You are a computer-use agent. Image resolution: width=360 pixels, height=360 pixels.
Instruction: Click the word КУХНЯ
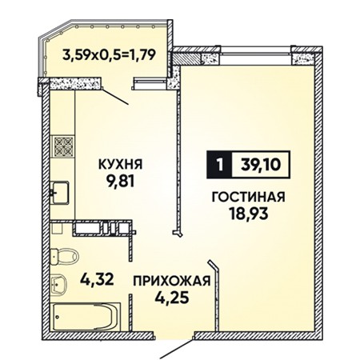tap(121, 164)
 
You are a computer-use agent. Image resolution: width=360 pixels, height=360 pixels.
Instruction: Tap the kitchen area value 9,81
tap(120, 182)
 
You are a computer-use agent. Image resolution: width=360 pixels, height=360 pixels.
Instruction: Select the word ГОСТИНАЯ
tap(248, 198)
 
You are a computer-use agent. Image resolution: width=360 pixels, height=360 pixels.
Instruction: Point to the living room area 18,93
tap(249, 214)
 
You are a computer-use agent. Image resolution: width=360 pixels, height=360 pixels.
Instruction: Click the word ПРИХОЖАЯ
tap(172, 281)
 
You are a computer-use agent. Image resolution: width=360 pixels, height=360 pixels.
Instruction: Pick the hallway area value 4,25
tap(172, 298)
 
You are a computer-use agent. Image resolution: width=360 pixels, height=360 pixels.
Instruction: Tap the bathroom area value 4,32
tap(97, 279)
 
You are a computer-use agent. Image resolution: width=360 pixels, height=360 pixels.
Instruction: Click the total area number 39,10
tap(261, 165)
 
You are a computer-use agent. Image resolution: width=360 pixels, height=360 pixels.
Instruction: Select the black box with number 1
tap(219, 165)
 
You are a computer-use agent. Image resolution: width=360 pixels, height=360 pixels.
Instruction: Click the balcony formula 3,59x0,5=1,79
tap(109, 55)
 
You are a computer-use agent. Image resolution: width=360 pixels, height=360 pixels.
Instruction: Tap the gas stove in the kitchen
tap(63, 146)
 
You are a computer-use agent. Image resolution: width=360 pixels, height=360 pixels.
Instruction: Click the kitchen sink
tap(60, 193)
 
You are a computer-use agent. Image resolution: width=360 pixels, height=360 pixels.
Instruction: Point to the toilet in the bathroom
tap(64, 257)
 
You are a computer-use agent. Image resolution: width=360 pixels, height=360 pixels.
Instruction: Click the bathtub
tap(86, 317)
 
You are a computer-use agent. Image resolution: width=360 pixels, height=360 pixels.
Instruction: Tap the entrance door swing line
tap(176, 349)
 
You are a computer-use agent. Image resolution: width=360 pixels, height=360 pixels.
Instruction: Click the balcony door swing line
tap(115, 96)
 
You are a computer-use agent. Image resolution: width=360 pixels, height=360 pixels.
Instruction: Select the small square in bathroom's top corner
tap(57, 228)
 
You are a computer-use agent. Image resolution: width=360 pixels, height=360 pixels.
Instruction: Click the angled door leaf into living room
tap(215, 296)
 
